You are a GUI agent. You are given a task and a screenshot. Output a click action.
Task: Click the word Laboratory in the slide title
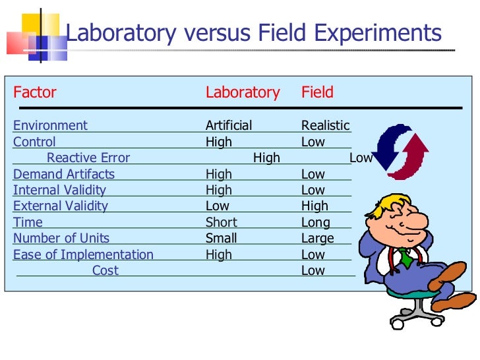[121, 33]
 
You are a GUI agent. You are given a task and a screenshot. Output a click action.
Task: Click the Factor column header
[35, 92]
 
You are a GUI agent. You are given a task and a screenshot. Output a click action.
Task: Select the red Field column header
[317, 92]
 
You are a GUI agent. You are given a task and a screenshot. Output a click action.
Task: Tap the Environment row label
[50, 125]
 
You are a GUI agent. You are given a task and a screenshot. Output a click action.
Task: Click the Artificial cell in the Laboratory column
[228, 125]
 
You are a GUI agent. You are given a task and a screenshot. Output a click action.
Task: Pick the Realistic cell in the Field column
[325, 125]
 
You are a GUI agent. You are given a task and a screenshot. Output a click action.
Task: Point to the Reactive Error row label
[88, 158]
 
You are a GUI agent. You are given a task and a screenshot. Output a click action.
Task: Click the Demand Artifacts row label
[64, 174]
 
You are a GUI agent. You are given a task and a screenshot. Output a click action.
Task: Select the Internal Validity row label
[59, 190]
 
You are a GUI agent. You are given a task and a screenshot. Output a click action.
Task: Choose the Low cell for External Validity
[218, 206]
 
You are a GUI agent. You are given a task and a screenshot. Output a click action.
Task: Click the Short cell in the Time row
[221, 222]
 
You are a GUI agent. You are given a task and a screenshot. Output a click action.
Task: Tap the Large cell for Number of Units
[318, 238]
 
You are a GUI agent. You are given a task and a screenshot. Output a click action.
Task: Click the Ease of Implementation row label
[83, 255]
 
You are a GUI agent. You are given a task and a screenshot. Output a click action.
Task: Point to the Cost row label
[105, 270]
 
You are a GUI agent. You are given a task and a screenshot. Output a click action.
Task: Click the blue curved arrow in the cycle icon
[387, 145]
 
